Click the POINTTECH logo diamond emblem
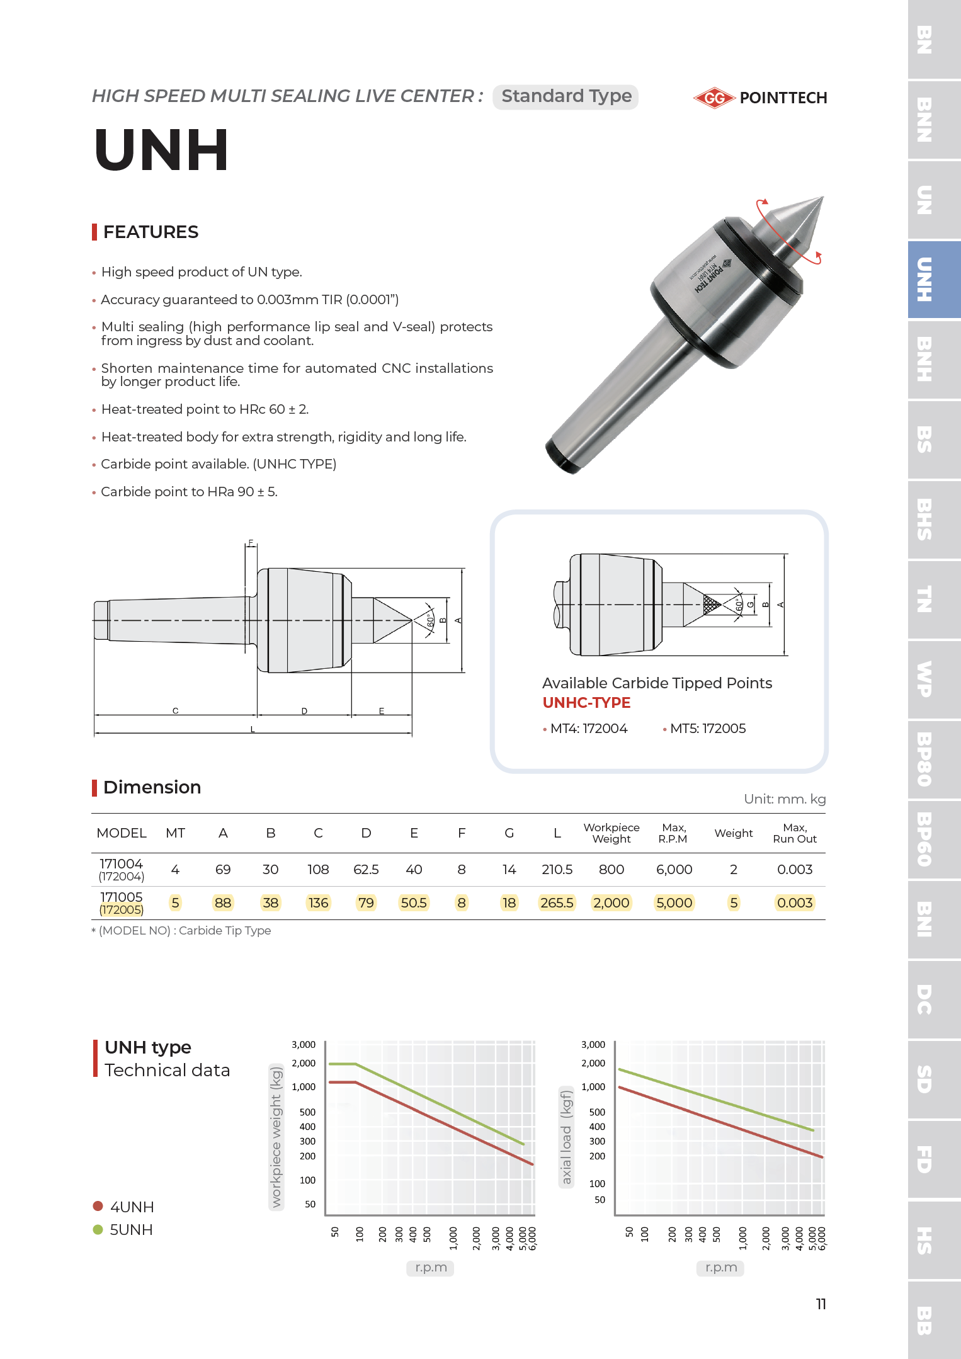coord(714,98)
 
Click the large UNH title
coord(162,151)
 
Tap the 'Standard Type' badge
coord(566,96)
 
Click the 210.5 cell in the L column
coord(557,870)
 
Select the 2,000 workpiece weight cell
coord(611,903)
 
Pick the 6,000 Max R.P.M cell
coord(674,870)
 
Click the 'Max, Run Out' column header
coord(794,833)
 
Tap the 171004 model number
coord(122,864)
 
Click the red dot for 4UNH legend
coord(98,1206)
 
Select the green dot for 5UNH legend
coord(98,1229)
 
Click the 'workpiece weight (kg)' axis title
coord(276,1136)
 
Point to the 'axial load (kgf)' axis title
coord(566,1137)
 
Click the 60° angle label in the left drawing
coord(430,621)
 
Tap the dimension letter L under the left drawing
coord(253,729)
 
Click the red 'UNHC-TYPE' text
coord(586,703)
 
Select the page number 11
coord(821,1304)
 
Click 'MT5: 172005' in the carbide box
coord(707,729)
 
